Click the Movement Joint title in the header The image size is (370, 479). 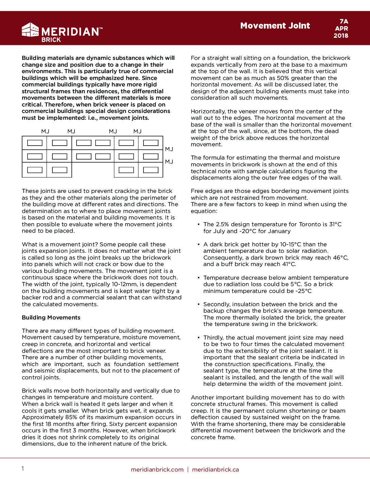click(x=275, y=26)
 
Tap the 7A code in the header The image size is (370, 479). click(x=343, y=21)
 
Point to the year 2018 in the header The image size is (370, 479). click(x=341, y=36)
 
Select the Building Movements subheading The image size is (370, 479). click(x=51, y=317)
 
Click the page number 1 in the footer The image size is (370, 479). click(x=23, y=469)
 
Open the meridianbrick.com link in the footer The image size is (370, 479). click(x=157, y=469)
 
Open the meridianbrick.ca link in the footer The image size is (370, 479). click(x=215, y=469)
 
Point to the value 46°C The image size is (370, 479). click(x=340, y=258)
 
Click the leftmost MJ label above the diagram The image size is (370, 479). click(x=45, y=131)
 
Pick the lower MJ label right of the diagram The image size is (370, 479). click(x=169, y=162)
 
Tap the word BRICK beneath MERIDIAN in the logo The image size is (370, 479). click(x=51, y=40)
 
